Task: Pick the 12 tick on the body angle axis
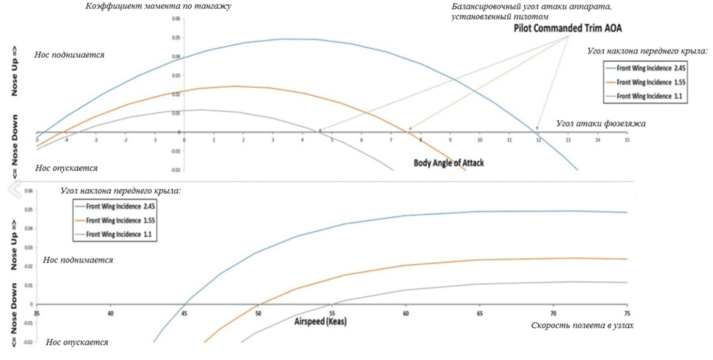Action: (x=538, y=139)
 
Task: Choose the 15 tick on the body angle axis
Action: (x=627, y=139)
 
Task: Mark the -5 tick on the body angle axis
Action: (x=37, y=139)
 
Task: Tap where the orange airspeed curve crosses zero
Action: (x=258, y=304)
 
